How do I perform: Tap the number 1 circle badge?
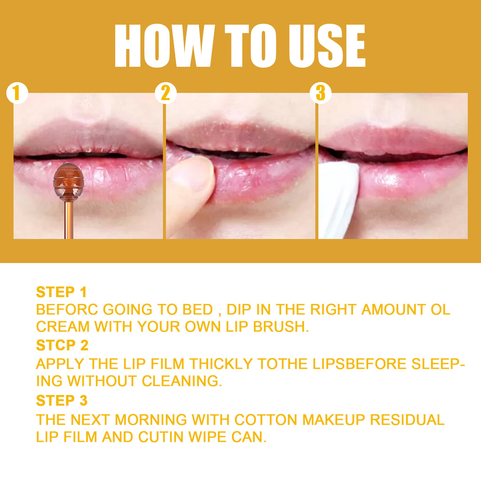pyautogui.click(x=17, y=93)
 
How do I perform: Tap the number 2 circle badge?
pyautogui.click(x=165, y=93)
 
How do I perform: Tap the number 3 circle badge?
pyautogui.click(x=320, y=93)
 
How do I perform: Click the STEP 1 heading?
pyautogui.click(x=62, y=292)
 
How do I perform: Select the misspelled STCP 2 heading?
pyautogui.click(x=62, y=345)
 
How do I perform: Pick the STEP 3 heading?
pyautogui.click(x=62, y=401)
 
